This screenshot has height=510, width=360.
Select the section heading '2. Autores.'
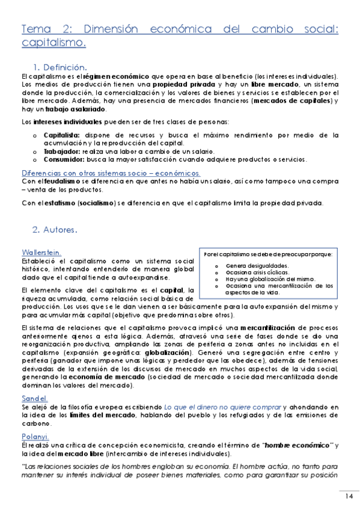click(x=55, y=229)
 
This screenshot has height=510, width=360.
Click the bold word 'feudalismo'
click(x=48, y=181)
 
